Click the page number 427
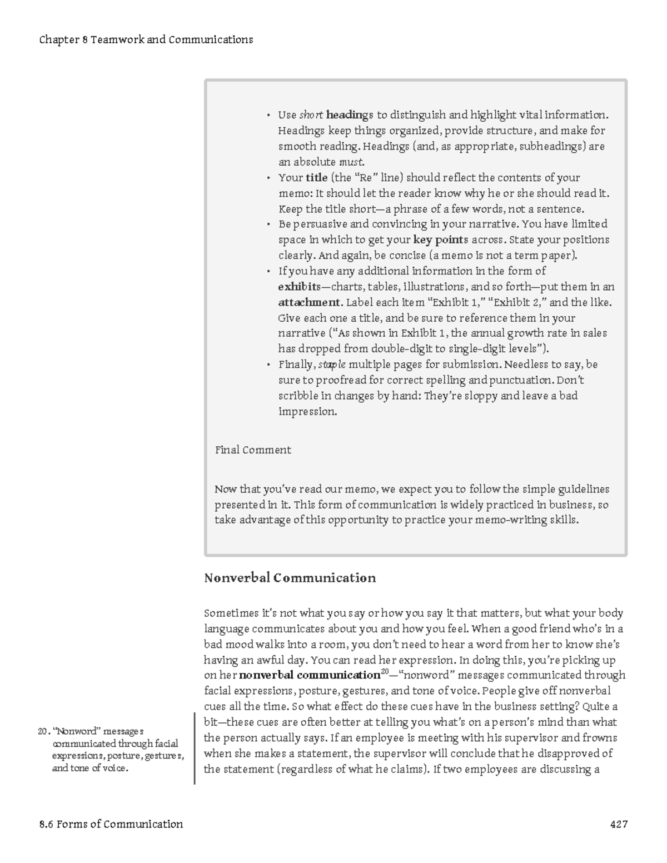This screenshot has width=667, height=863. tap(619, 824)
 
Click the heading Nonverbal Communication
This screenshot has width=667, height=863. tap(290, 578)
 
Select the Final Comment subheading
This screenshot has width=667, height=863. tap(253, 450)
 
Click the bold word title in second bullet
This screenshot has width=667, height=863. tap(316, 178)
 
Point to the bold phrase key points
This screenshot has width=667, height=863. tap(441, 240)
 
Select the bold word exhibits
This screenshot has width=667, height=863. tap(299, 287)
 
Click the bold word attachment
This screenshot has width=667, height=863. tap(309, 303)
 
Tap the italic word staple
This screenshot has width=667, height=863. tap(331, 365)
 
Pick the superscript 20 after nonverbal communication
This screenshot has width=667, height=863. tap(385, 672)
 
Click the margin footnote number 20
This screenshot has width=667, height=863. tap(43, 731)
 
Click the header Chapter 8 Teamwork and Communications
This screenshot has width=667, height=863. tap(146, 40)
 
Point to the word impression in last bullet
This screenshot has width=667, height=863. tap(307, 412)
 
